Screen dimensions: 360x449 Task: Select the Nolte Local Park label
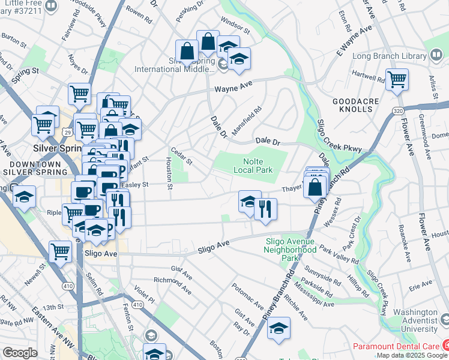tap(258, 166)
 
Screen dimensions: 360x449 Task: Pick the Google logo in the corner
tap(20, 353)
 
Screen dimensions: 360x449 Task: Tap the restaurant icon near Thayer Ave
tap(265, 209)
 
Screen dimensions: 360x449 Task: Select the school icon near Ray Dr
tap(278, 328)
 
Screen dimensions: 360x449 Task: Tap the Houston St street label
tap(169, 171)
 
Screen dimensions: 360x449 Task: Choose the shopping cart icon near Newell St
tap(61, 251)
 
